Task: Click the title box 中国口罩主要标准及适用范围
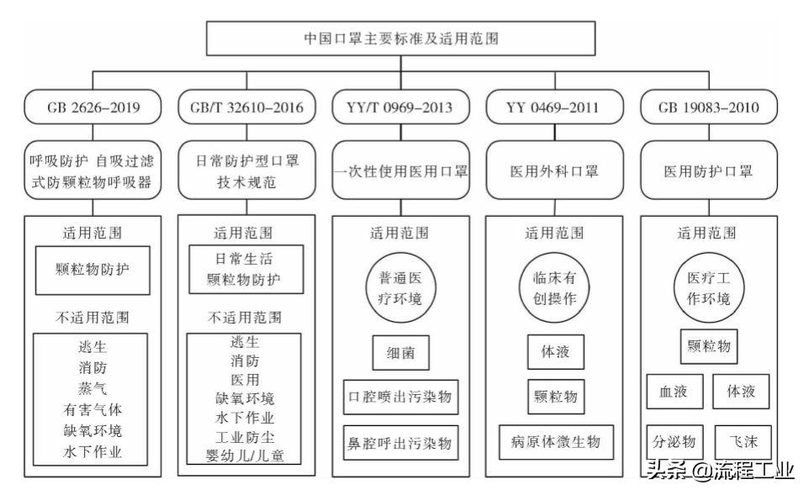point(404,39)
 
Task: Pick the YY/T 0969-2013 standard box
point(400,108)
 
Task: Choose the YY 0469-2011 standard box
point(555,108)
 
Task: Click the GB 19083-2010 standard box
point(709,108)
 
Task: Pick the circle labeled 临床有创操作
point(555,288)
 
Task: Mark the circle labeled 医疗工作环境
point(709,288)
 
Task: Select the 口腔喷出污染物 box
point(400,397)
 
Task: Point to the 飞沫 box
point(743,440)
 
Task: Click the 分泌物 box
point(674,440)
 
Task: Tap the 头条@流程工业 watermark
point(720,471)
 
